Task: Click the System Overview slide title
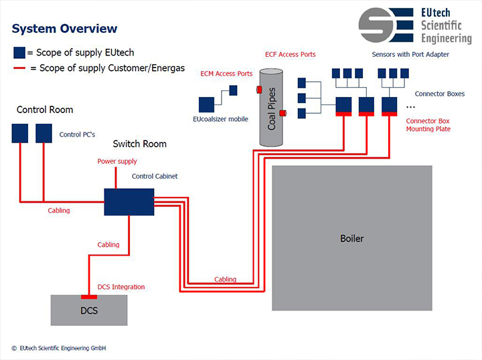tap(64, 29)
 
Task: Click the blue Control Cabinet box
tap(129, 201)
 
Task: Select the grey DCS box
tap(88, 310)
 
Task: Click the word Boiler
tap(351, 238)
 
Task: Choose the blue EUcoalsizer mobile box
tap(206, 104)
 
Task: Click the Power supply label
tap(117, 161)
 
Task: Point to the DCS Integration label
tap(121, 287)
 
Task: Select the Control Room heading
tap(45, 110)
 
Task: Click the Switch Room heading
tap(139, 144)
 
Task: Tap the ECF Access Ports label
tap(290, 54)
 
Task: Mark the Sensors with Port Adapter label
tap(410, 54)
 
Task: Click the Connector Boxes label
tap(439, 94)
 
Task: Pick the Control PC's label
tap(77, 134)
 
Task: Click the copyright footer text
tap(59, 348)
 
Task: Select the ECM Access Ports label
tap(226, 74)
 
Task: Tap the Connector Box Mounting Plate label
tap(429, 124)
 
